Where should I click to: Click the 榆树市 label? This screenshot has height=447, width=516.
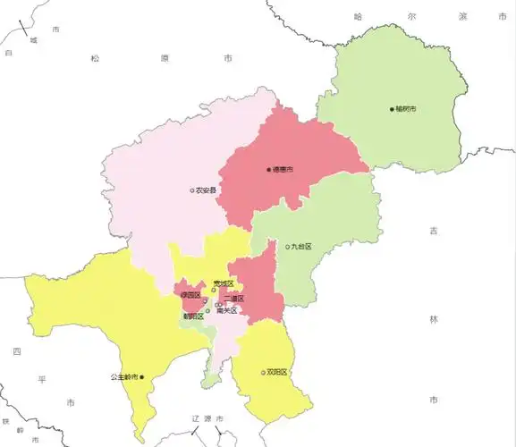tap(407, 109)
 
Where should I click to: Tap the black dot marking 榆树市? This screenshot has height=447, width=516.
tap(392, 109)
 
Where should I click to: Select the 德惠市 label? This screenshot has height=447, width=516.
tap(283, 169)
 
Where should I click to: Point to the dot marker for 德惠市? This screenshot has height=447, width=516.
tap(268, 169)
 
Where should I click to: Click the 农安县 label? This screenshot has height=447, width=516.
tap(207, 190)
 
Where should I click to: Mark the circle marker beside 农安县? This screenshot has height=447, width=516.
tap(191, 190)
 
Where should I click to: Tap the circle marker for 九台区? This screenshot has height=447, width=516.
tap(288, 247)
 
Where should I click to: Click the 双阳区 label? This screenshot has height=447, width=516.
tap(277, 372)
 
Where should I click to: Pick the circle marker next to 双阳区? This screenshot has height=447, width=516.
tap(263, 372)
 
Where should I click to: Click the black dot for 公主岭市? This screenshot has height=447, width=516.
tap(141, 377)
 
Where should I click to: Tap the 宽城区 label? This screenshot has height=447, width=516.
tap(224, 284)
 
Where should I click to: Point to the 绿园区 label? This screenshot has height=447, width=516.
tap(190, 295)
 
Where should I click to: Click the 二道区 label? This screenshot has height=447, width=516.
tap(234, 299)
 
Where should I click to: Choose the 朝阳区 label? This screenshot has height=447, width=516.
tap(192, 316)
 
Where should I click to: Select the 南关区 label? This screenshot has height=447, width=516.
tap(227, 311)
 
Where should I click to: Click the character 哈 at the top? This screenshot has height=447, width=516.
tap(358, 16)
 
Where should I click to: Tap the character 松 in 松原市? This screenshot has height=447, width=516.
tap(95, 58)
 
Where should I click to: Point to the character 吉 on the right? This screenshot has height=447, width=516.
tap(434, 231)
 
